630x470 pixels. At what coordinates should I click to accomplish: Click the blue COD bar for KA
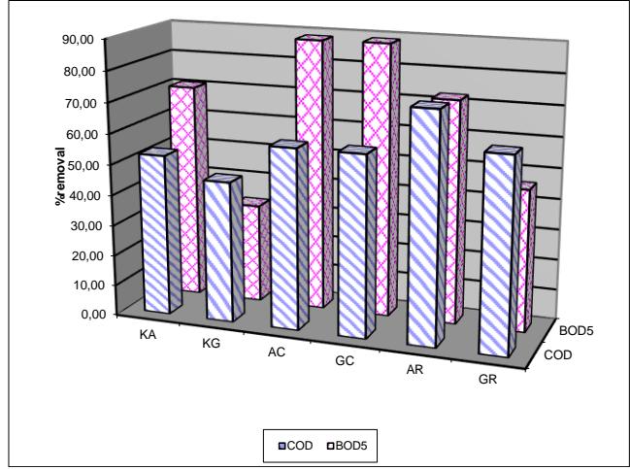(x=161, y=231)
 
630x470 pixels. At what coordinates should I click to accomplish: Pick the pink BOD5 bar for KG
(x=256, y=250)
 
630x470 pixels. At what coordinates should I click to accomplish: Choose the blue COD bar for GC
(x=357, y=243)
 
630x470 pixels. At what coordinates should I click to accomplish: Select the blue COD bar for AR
(x=427, y=225)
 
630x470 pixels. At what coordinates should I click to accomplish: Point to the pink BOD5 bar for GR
(x=526, y=257)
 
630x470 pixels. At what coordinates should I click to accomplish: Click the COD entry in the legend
(x=295, y=446)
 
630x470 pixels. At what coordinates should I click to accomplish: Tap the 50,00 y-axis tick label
(x=83, y=165)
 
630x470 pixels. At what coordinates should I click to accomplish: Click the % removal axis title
(x=60, y=177)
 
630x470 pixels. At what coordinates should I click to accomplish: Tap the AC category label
(x=277, y=352)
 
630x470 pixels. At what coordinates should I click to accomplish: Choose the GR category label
(x=487, y=379)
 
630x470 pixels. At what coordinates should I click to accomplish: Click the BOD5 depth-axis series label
(x=577, y=331)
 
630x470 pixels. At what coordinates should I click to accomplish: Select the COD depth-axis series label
(x=558, y=355)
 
